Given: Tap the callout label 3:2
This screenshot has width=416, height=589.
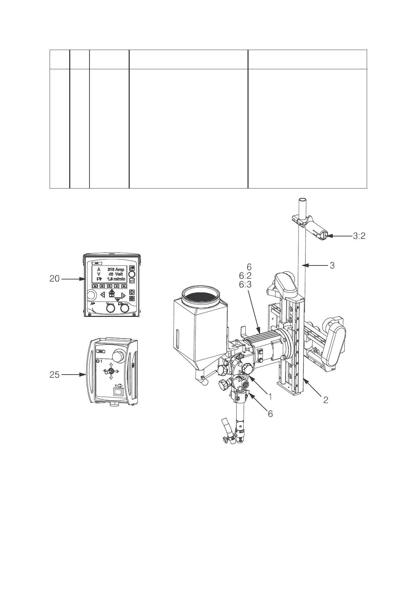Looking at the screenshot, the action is click(x=359, y=236).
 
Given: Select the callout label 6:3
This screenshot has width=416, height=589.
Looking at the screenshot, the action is click(x=245, y=285).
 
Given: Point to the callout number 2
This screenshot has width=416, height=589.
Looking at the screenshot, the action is click(x=325, y=400).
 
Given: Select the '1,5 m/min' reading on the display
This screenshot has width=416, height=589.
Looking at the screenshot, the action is click(x=116, y=279).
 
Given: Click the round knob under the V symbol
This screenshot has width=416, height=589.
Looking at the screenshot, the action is click(x=110, y=308).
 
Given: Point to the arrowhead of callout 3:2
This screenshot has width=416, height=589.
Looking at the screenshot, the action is click(x=329, y=236).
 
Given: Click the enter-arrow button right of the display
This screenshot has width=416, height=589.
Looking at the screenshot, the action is click(x=132, y=281).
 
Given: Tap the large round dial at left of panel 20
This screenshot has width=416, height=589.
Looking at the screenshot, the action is click(x=91, y=296).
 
